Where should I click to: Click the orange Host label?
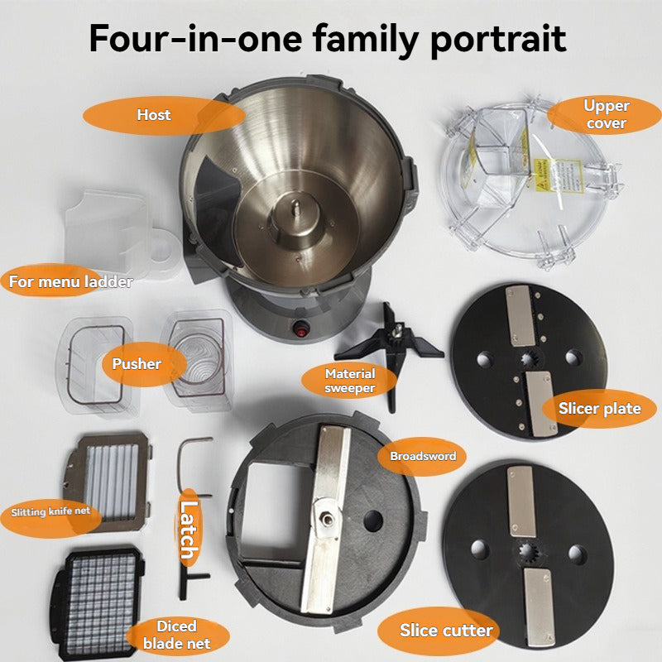[x=153, y=115]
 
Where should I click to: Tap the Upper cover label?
[x=606, y=114]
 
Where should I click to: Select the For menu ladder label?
[x=70, y=281]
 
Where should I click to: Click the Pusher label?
[x=137, y=363]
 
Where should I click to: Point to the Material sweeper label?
[x=350, y=381]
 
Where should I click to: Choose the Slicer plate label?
[x=599, y=409]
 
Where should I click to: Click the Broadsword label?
[x=422, y=456]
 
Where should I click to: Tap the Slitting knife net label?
[x=51, y=512]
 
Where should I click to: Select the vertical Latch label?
[x=189, y=530]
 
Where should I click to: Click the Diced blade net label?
[x=175, y=635]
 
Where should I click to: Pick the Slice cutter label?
[x=446, y=631]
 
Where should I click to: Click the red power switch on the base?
[x=300, y=328]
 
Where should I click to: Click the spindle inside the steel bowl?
[x=295, y=207]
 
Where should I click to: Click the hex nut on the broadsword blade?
[x=327, y=519]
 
